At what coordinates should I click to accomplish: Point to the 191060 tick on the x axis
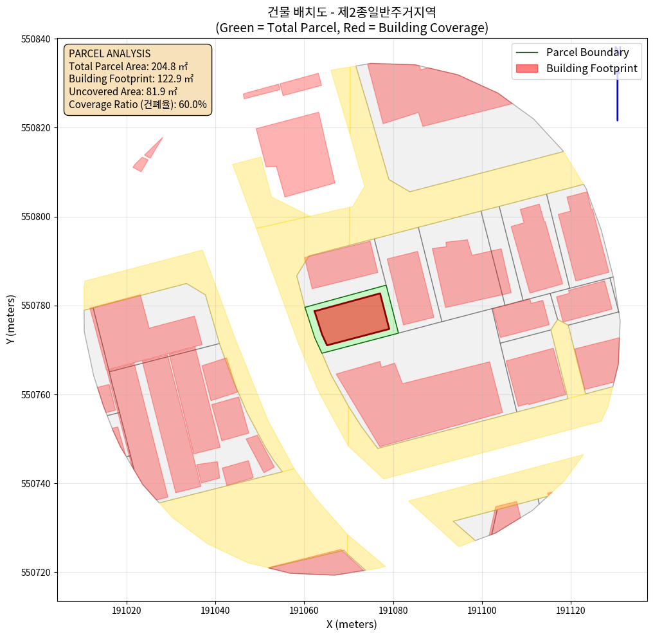pyautogui.click(x=303, y=601)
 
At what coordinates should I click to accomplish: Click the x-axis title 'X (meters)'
pyautogui.click(x=352, y=624)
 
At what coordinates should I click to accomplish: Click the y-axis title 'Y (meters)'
pyautogui.click(x=11, y=320)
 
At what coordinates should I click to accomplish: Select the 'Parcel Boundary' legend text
pyautogui.click(x=587, y=53)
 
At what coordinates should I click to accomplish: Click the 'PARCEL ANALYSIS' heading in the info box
pyautogui.click(x=109, y=53)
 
